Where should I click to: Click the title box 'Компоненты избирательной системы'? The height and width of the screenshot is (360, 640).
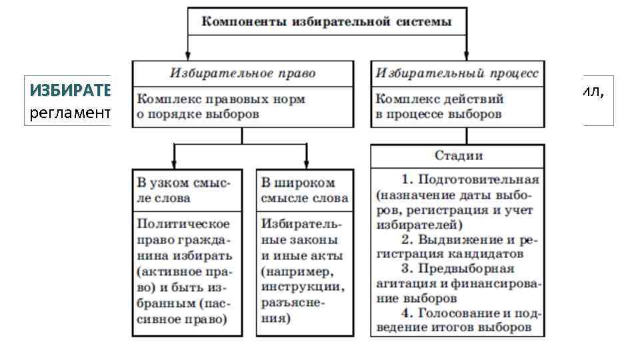point(327,22)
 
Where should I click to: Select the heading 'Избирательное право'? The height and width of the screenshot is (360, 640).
point(242,73)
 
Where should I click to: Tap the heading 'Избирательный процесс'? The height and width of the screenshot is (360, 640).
point(457,73)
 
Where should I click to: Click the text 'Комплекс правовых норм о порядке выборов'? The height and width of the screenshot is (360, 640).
point(222,106)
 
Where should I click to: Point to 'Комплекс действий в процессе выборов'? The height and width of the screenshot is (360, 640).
point(441,106)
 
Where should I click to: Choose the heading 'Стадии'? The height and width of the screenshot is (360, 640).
point(458,156)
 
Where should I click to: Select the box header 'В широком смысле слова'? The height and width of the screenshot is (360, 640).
point(305,190)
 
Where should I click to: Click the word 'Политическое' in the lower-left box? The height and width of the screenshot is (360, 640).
point(183,223)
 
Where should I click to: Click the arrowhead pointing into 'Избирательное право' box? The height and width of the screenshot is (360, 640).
point(187,58)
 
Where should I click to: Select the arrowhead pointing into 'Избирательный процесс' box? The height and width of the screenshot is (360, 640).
point(466,58)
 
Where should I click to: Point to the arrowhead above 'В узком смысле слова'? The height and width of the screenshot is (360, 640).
point(174,164)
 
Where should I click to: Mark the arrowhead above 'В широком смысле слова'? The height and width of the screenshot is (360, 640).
point(307,164)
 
